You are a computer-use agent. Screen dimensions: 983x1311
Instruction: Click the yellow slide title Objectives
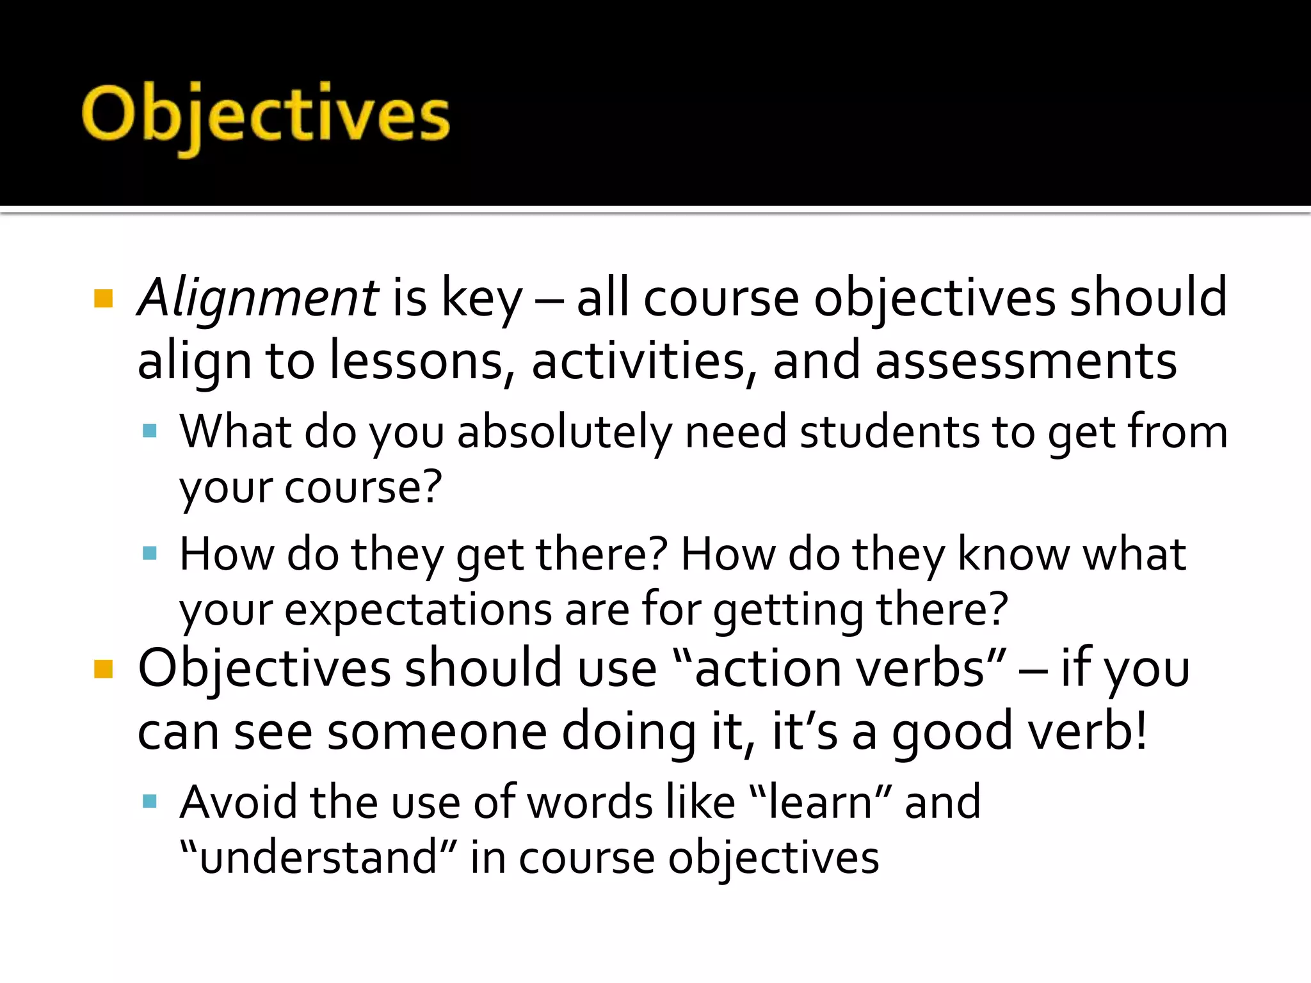coord(266,115)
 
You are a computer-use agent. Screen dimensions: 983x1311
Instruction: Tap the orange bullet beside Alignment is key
coord(103,298)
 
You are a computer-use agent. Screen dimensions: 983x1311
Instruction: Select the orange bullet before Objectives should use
coord(103,669)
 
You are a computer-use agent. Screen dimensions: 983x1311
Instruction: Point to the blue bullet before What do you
coord(150,430)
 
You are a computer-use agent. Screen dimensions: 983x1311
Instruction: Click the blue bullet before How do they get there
coord(150,553)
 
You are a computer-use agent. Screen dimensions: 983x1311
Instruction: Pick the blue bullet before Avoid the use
coord(150,801)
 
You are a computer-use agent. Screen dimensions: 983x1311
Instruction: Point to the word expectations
coord(418,610)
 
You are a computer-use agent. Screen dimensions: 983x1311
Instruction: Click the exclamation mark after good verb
coord(1139,730)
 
